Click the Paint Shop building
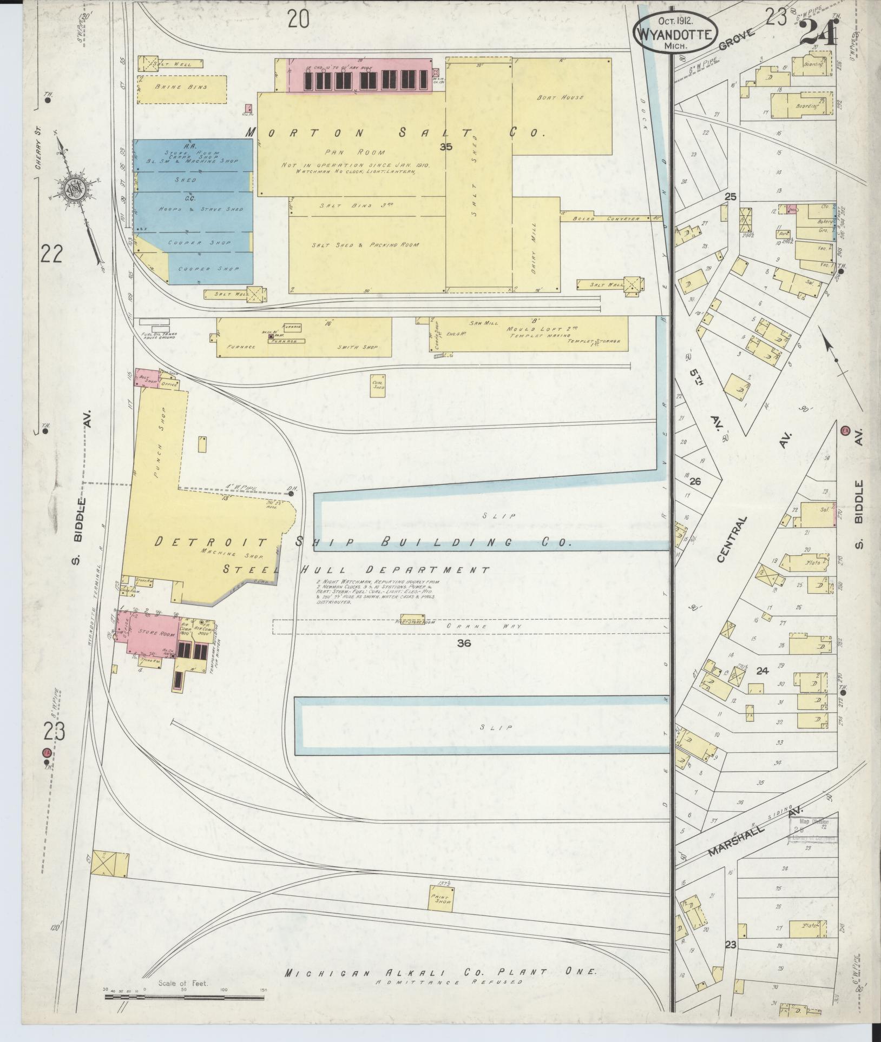click(441, 898)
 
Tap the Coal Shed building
click(378, 385)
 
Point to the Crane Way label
click(474, 626)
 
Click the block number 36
click(464, 643)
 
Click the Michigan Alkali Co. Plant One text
click(441, 971)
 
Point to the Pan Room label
click(355, 152)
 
